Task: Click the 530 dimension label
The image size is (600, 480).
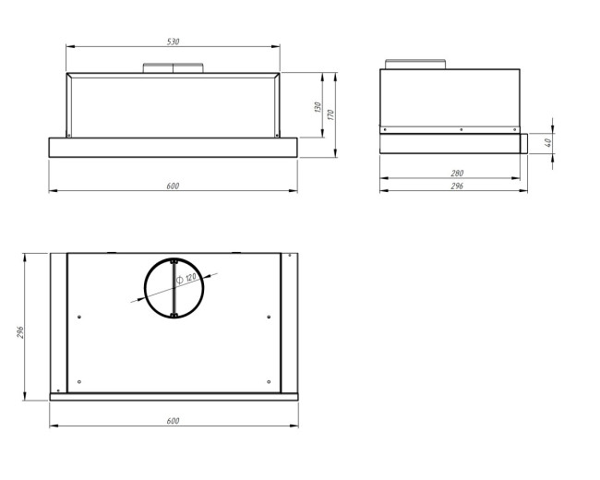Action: coord(173,42)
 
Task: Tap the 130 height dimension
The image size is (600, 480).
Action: coord(318,107)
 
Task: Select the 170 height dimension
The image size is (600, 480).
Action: coord(331,114)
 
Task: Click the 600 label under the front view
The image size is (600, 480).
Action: coord(173,186)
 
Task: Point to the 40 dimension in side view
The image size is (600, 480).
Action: coord(547,143)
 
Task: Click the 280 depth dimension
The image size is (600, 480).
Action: coord(457,174)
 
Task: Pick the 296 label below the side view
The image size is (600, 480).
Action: coord(457,186)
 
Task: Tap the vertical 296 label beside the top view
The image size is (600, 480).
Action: coord(20,332)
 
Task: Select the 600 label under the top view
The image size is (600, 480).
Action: coord(173,421)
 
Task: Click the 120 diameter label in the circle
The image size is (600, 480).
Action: coord(190,278)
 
